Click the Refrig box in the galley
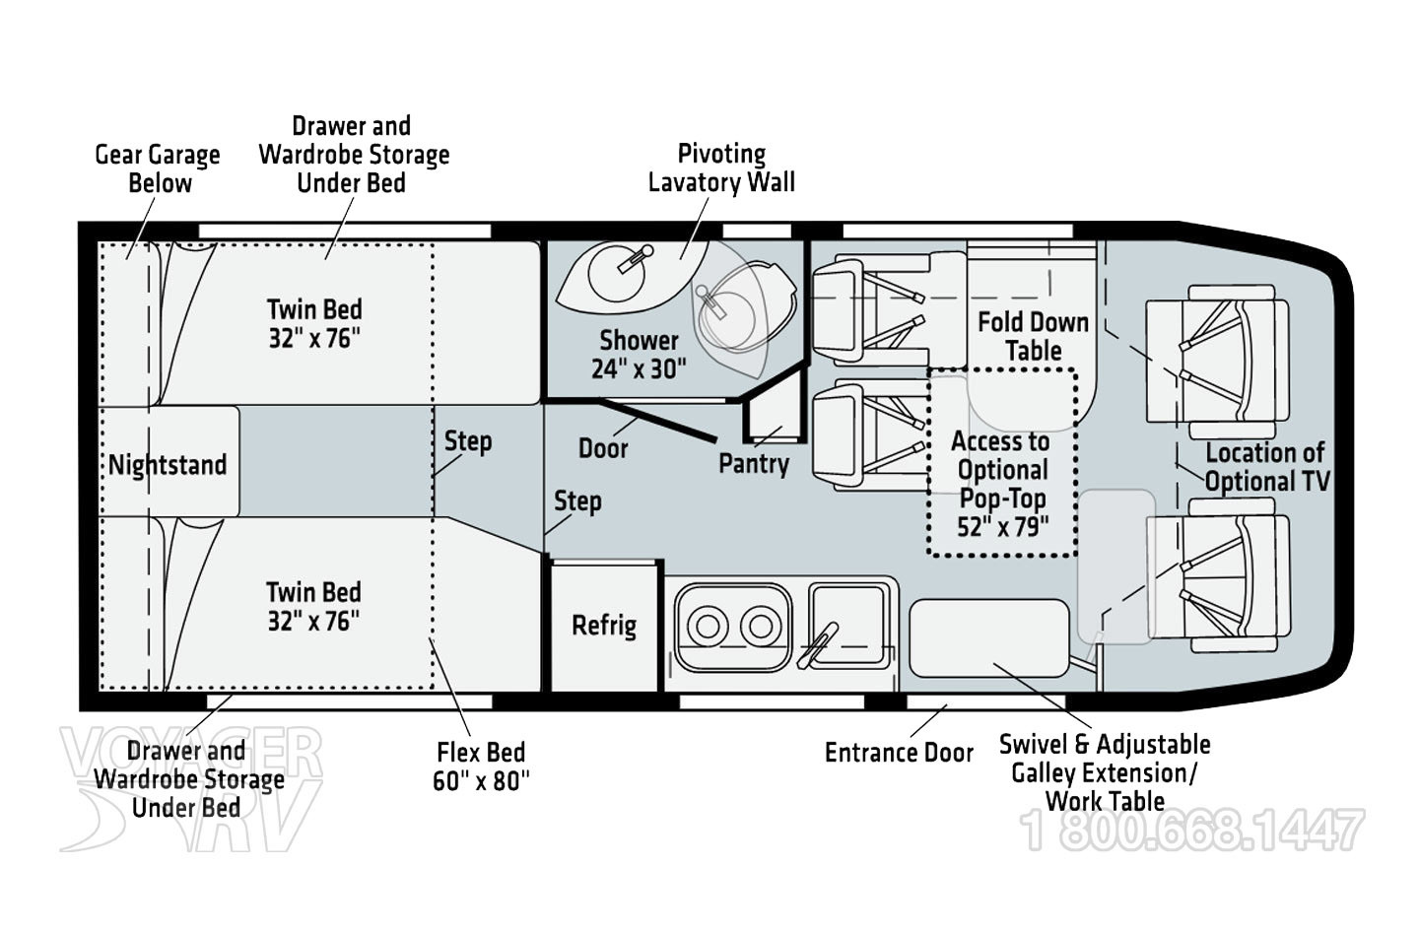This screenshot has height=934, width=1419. [x=604, y=626]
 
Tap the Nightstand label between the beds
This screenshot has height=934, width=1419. [x=168, y=465]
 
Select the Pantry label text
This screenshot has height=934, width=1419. [x=754, y=463]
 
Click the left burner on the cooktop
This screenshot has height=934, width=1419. [x=707, y=626]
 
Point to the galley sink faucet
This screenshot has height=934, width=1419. [x=821, y=641]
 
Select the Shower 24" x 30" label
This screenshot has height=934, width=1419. [x=639, y=355]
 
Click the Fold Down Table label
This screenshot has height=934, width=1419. [x=1033, y=336]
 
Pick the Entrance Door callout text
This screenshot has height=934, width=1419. [x=899, y=753]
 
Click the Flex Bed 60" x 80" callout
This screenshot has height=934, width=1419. [x=481, y=767]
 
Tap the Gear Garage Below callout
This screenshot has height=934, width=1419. [x=158, y=168]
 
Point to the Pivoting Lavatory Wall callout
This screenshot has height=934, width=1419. [x=721, y=167]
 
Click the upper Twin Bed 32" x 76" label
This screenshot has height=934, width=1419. [x=314, y=323]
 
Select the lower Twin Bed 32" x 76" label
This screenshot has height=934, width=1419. [x=313, y=606]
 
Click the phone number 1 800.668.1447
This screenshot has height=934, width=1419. [x=1192, y=831]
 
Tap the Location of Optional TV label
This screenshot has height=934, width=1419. [x=1266, y=467]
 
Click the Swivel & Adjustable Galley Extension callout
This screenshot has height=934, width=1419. [x=1105, y=772]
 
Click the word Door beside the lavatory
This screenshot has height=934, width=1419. [x=603, y=448]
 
